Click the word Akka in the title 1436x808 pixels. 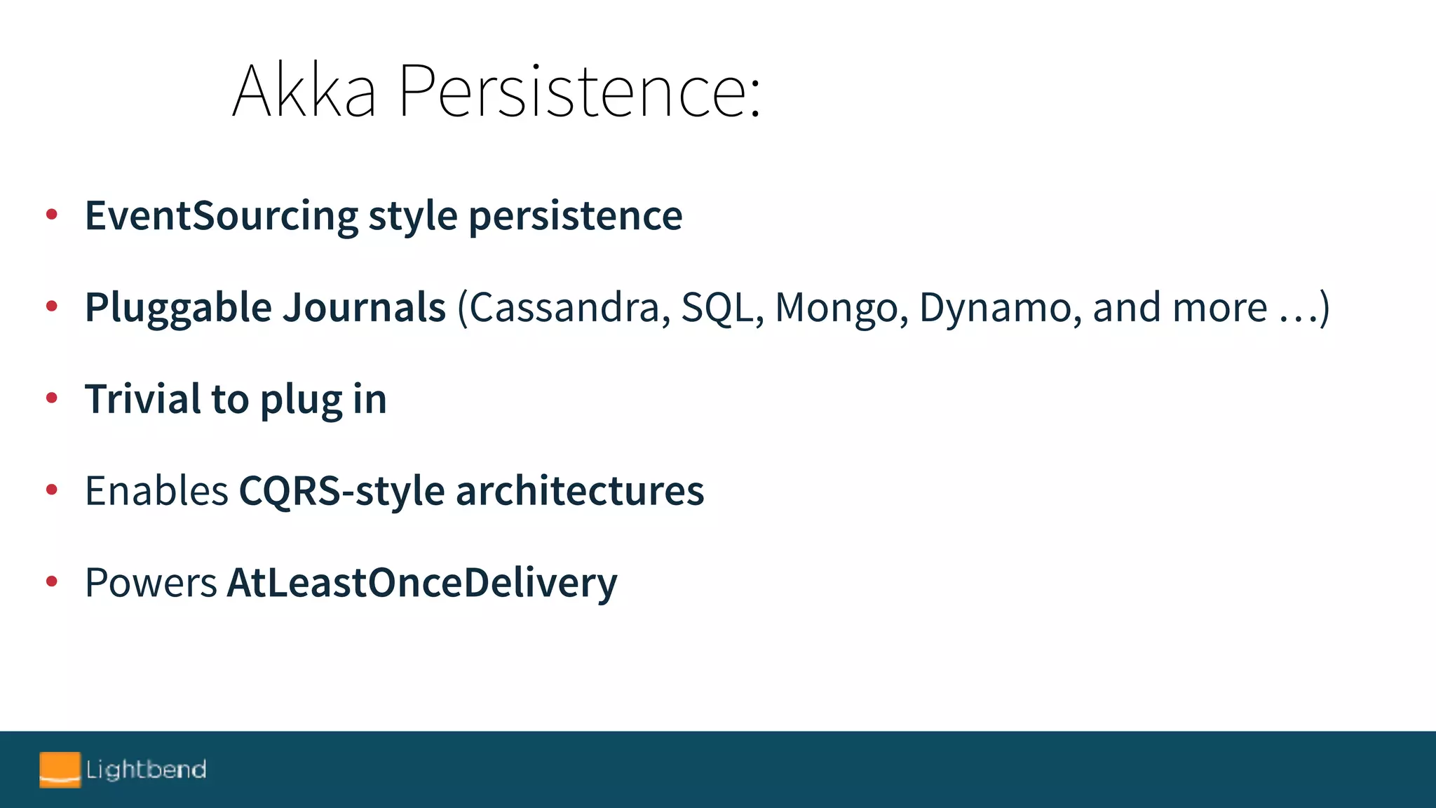(304, 91)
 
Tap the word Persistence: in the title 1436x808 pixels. (579, 91)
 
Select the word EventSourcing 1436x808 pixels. (222, 215)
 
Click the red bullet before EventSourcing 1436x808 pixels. (51, 215)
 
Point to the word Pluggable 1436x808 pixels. (178, 308)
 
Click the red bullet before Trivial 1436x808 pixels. (51, 398)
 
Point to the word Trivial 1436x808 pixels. (143, 399)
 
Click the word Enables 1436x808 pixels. (156, 490)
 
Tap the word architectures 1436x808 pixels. (580, 490)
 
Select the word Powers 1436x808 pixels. (151, 582)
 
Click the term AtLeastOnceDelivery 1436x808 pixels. (422, 582)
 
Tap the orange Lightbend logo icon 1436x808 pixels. (60, 769)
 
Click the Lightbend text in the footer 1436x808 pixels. (146, 769)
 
